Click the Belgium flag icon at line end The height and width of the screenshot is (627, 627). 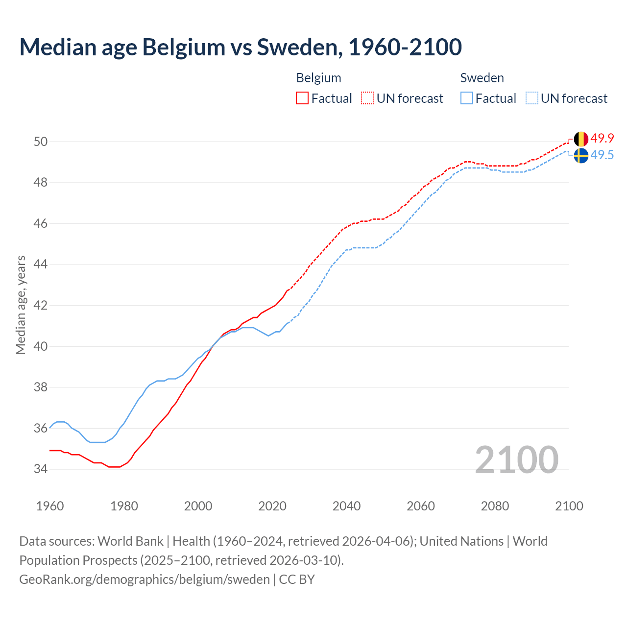click(x=580, y=139)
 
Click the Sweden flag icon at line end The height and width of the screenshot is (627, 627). click(x=580, y=156)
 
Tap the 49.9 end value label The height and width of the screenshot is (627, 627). click(x=602, y=138)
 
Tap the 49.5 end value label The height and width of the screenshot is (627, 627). click(x=602, y=155)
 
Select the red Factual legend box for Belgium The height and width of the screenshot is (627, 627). click(x=302, y=98)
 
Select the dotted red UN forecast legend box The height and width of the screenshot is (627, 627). click(x=367, y=98)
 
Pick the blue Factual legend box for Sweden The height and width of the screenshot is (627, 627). click(x=467, y=98)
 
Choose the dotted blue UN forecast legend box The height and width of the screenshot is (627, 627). click(x=532, y=98)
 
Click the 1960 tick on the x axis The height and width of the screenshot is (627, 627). click(x=50, y=506)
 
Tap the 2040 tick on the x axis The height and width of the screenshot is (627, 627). click(x=346, y=506)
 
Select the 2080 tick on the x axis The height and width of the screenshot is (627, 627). click(x=495, y=506)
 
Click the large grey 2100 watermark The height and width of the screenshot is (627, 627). click(x=516, y=459)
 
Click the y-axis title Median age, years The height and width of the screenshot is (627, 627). click(x=21, y=305)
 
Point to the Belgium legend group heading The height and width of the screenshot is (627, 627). click(x=318, y=78)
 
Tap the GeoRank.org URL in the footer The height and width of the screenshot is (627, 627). click(x=144, y=579)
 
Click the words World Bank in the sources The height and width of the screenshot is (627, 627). click(x=130, y=541)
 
